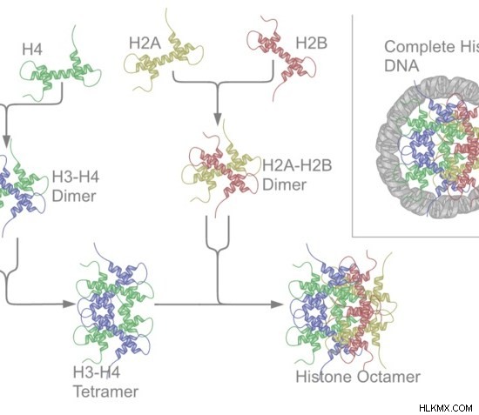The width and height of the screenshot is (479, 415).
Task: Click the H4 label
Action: [32, 49]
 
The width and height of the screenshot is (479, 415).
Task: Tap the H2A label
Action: [145, 43]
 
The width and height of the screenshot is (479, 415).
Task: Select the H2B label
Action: [311, 43]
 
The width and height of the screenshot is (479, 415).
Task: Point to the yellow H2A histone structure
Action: [164, 54]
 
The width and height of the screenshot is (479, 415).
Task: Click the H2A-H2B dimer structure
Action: [220, 169]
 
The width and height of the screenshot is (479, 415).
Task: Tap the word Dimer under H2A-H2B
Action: [284, 185]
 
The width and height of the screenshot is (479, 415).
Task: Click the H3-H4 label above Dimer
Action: [76, 177]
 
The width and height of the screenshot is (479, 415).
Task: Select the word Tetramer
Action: [106, 392]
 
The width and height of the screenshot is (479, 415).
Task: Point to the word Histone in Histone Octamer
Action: [325, 377]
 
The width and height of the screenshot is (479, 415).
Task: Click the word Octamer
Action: [389, 377]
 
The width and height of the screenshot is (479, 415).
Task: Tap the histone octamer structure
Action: [341, 308]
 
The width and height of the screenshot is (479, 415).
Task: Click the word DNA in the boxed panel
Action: [401, 65]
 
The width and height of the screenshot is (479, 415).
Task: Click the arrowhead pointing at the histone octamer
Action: [277, 305]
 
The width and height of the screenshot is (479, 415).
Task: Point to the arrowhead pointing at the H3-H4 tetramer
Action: [69, 304]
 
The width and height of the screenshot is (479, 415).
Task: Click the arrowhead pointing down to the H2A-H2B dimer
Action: [217, 118]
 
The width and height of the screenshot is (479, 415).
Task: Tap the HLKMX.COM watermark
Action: [446, 408]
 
